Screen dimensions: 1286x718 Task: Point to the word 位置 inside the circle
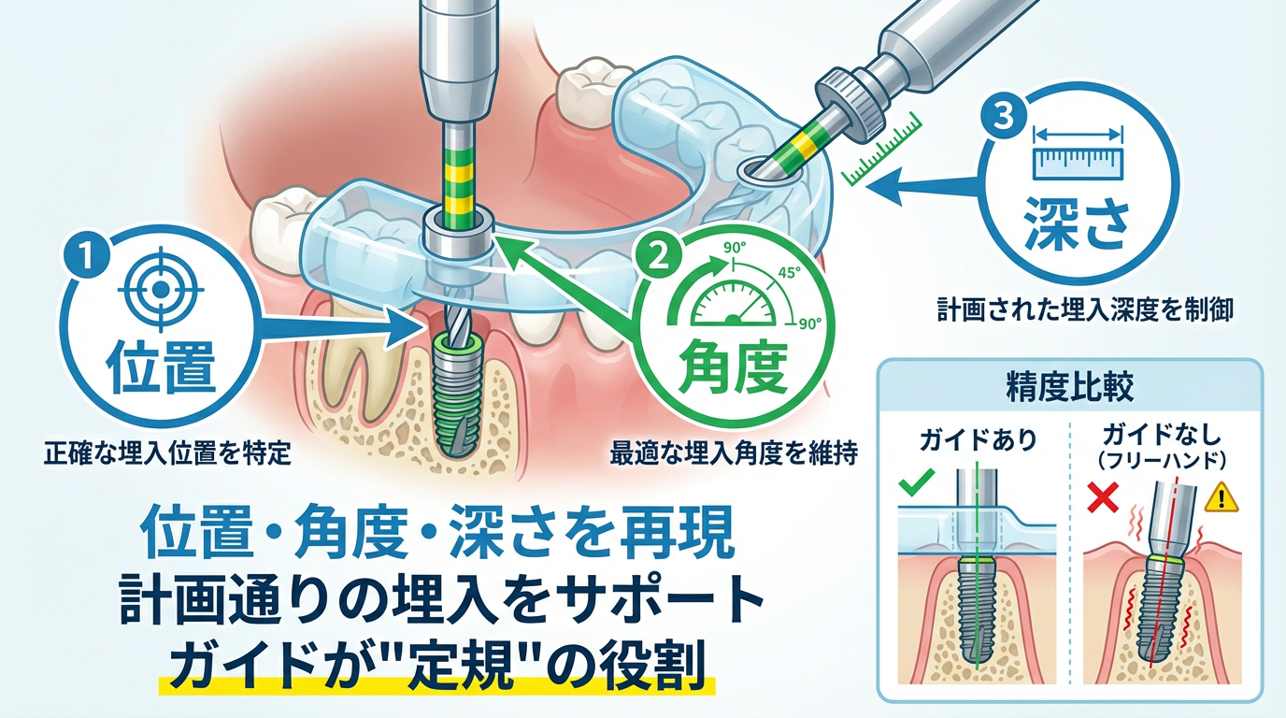pos(162,367)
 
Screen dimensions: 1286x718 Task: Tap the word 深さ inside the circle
pos(1078,224)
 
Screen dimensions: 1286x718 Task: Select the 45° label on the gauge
pos(790,273)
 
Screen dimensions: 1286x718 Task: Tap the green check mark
pos(918,481)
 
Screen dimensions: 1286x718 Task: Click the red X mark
pos(1103,497)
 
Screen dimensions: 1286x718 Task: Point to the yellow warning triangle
pos(1222,497)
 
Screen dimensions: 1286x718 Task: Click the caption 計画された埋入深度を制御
pos(1084,311)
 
